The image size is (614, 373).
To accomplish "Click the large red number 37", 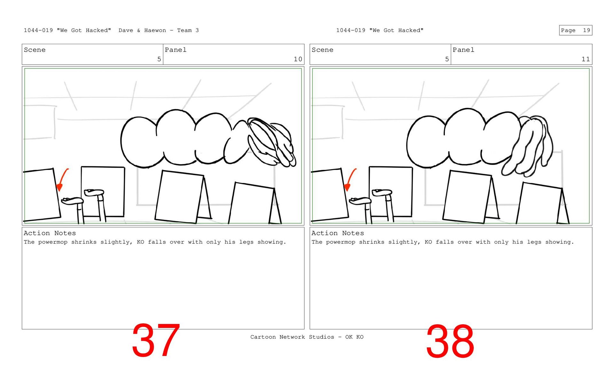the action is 156,340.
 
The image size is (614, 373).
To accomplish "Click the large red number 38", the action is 450,341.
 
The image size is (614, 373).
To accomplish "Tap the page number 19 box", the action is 575,30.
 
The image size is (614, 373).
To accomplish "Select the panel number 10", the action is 298,59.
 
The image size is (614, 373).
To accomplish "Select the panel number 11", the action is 586,59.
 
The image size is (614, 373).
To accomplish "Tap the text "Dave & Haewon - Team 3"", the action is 159,30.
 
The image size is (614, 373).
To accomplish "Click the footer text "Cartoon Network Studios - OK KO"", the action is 307,337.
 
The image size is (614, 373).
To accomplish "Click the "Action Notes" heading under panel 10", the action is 50,233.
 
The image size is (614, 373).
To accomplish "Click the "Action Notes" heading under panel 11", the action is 337,233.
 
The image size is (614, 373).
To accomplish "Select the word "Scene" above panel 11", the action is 322,50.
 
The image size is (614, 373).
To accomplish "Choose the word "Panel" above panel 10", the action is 176,50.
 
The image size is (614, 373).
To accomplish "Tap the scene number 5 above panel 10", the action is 159,59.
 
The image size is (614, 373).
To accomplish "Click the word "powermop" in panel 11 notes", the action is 341,242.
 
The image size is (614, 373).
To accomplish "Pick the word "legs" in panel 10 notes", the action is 246,242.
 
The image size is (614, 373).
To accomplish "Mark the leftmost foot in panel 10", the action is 72,201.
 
